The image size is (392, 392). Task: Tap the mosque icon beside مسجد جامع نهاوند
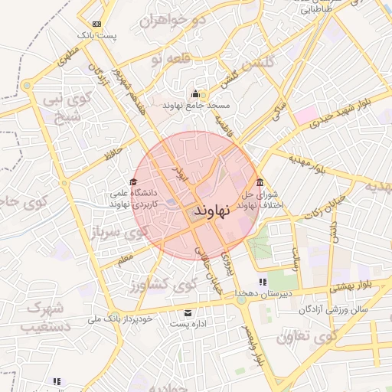[x=195, y=93]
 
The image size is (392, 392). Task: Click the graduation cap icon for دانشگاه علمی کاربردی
[x=134, y=182]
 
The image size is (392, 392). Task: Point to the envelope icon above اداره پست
[x=189, y=313]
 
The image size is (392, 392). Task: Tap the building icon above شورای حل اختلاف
[x=260, y=182]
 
